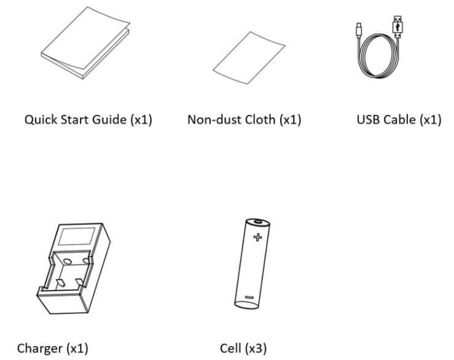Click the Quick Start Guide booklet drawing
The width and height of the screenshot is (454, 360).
(85, 44)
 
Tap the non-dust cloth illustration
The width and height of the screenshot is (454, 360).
(249, 58)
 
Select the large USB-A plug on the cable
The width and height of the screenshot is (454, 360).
(397, 26)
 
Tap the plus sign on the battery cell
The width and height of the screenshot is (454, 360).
(257, 237)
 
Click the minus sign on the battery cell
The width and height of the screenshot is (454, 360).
(249, 297)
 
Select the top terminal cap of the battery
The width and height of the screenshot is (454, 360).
(258, 222)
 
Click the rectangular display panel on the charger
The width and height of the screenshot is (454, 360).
(77, 237)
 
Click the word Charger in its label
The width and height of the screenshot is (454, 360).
(40, 348)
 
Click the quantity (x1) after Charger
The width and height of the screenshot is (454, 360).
(77, 348)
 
